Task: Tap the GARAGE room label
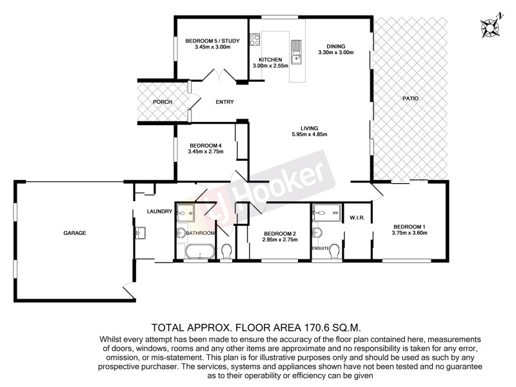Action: click(75, 233)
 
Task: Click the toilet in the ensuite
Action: click(333, 255)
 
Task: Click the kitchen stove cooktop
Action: click(255, 41)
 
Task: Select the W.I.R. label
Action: click(357, 218)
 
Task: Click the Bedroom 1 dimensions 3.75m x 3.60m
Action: click(410, 233)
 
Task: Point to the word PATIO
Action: click(410, 99)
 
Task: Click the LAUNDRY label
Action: click(159, 212)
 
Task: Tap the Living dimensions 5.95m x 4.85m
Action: click(310, 135)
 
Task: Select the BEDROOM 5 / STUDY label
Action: click(212, 41)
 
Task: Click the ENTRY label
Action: click(224, 102)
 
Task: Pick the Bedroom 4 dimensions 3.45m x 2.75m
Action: click(205, 152)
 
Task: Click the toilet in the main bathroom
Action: click(226, 250)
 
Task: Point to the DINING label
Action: click(336, 46)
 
